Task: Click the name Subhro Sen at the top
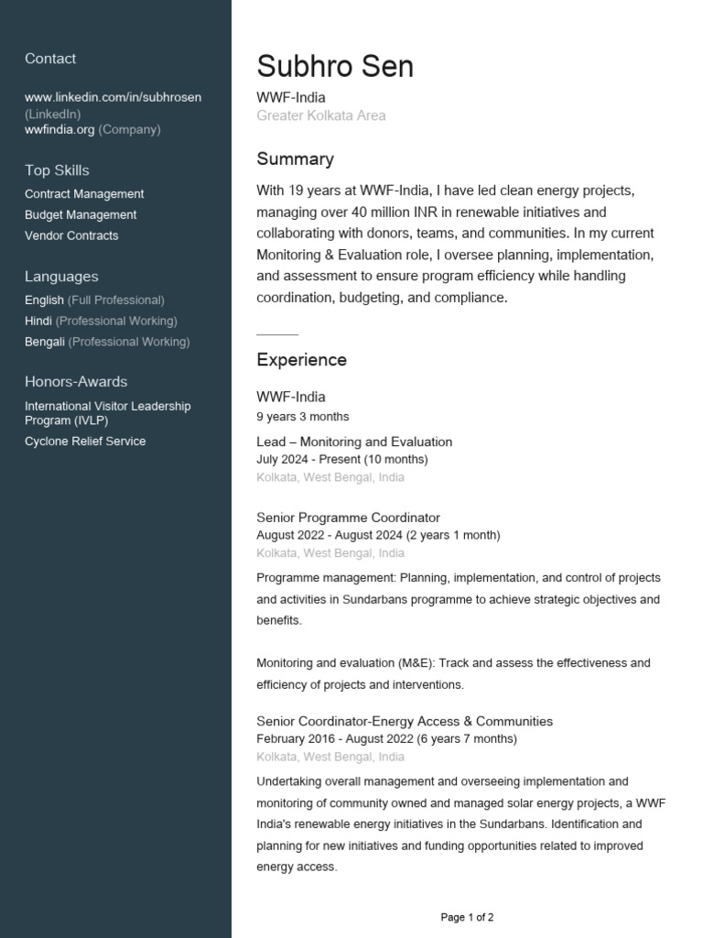pyautogui.click(x=335, y=67)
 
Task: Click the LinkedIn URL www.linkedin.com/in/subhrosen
pyautogui.click(x=113, y=97)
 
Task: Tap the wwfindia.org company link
pyautogui.click(x=59, y=130)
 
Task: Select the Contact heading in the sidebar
pyautogui.click(x=50, y=59)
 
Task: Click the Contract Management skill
pyautogui.click(x=84, y=194)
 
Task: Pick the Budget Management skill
pyautogui.click(x=81, y=215)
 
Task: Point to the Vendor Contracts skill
pyautogui.click(x=71, y=235)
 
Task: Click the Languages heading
pyautogui.click(x=61, y=277)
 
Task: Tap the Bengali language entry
pyautogui.click(x=45, y=342)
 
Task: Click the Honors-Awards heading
pyautogui.click(x=76, y=382)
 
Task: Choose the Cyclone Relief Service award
pyautogui.click(x=85, y=442)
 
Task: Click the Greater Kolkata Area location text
pyautogui.click(x=321, y=116)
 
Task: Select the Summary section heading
pyautogui.click(x=295, y=159)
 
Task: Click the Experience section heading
pyautogui.click(x=301, y=360)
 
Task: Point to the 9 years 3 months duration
pyautogui.click(x=302, y=417)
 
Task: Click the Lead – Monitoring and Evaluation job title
pyautogui.click(x=354, y=442)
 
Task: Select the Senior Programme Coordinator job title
pyautogui.click(x=348, y=518)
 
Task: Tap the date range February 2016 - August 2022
pyautogui.click(x=335, y=739)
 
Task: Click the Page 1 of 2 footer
pyautogui.click(x=467, y=917)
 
